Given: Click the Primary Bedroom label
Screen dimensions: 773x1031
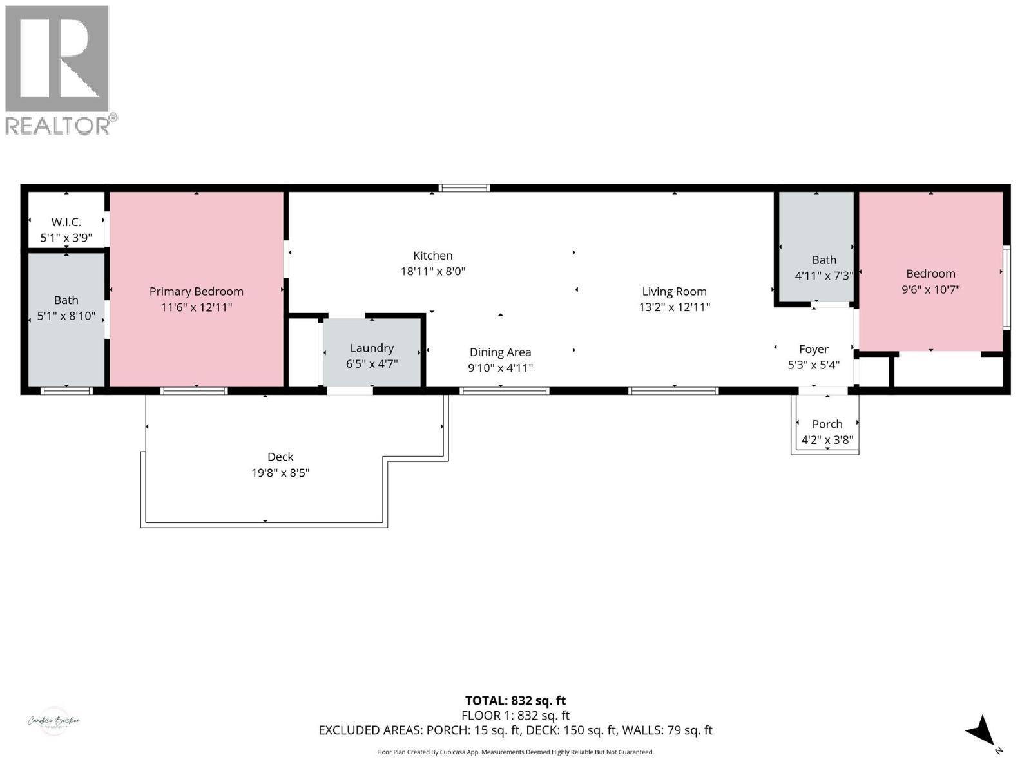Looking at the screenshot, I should click(196, 291).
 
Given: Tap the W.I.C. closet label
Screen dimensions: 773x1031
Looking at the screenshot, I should click(66, 222).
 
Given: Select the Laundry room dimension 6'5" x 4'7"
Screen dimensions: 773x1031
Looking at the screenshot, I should click(372, 364).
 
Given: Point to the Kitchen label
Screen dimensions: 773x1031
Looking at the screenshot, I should click(432, 256).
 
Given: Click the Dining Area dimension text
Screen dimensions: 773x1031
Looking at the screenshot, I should click(500, 368).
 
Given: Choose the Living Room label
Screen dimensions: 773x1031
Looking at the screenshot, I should click(674, 291).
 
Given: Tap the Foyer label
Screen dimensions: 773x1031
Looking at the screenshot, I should click(813, 349).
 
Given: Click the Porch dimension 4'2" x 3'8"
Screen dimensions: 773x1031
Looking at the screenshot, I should click(827, 441).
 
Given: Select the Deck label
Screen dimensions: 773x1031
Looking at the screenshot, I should click(280, 457).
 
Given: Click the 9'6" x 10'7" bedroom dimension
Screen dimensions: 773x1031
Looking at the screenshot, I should click(930, 290).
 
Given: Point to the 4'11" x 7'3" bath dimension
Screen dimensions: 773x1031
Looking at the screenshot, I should click(824, 276).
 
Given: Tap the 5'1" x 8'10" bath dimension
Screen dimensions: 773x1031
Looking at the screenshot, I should click(66, 316).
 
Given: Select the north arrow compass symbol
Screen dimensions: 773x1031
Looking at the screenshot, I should click(982, 732).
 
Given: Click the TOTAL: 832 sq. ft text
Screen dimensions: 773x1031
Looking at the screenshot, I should click(515, 701).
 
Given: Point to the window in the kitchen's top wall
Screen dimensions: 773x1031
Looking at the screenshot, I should click(464, 188).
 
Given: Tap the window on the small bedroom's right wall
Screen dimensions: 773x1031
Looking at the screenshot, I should click(1007, 287).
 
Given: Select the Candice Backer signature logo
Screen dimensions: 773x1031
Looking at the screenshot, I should click(53, 721).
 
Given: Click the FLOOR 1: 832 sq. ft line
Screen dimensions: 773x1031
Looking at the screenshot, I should click(515, 716).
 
